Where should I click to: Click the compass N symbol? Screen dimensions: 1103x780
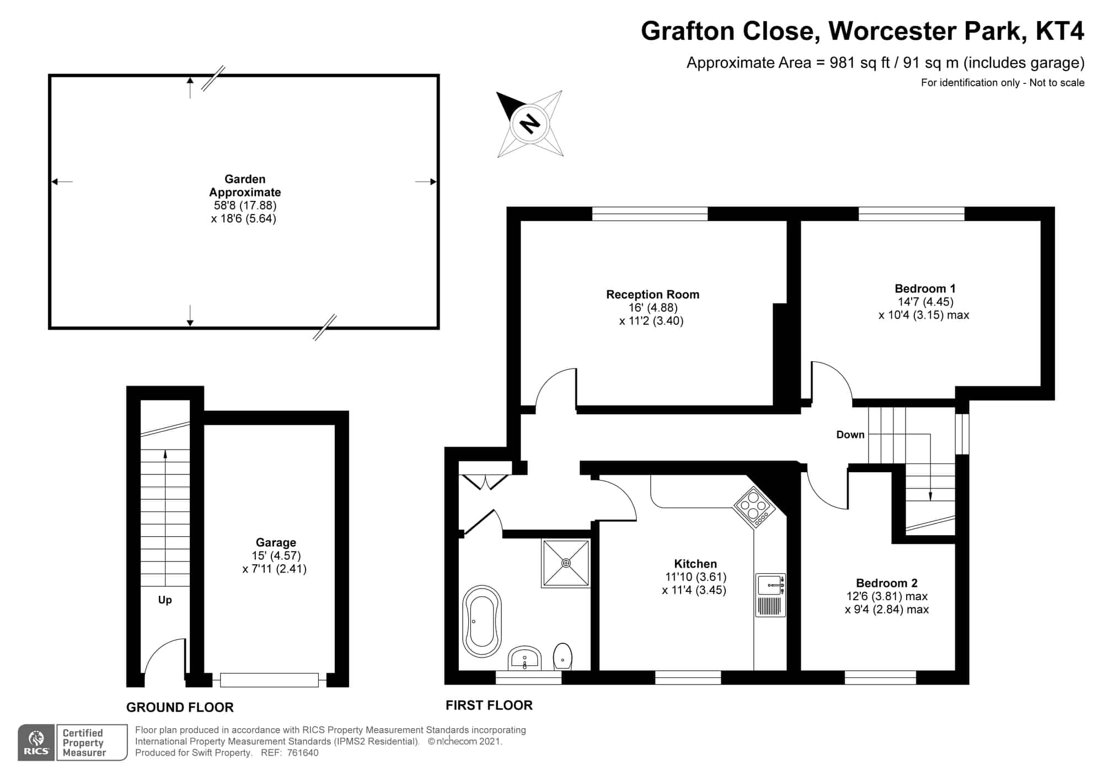tap(530, 124)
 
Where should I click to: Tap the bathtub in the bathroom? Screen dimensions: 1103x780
tap(482, 621)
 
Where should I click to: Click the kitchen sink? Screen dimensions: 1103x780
tap(770, 595)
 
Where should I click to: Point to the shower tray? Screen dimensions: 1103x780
tap(566, 563)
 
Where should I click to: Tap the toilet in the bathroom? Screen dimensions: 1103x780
tap(563, 656)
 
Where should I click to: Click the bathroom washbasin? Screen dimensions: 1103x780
tap(524, 658)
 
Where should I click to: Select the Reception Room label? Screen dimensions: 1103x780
tap(652, 295)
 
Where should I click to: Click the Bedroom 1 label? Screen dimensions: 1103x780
tap(925, 289)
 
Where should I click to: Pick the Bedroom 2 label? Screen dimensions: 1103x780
tap(886, 583)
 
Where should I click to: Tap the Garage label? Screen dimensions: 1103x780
tap(276, 542)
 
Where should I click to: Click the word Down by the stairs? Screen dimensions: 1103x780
tap(850, 435)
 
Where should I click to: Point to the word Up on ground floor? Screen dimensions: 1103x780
tap(165, 600)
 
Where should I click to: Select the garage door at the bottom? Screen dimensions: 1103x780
tap(269, 680)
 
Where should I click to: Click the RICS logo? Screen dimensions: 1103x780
tap(36, 742)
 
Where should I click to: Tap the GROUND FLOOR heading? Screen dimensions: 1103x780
tap(180, 707)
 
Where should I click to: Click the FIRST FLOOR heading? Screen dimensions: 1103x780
tap(489, 705)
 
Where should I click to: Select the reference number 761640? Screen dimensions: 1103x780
tap(303, 752)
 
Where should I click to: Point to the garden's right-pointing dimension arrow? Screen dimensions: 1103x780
tap(426, 181)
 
